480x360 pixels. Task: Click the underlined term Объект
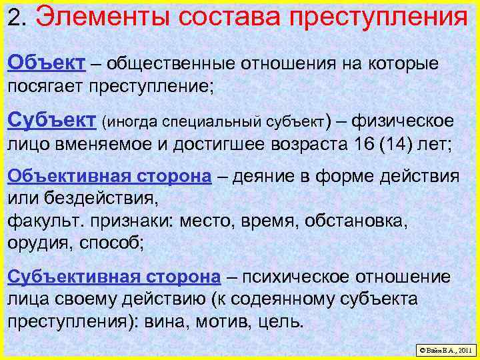(x=46, y=63)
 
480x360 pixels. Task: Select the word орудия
(x=35, y=242)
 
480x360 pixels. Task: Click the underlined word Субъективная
(x=73, y=277)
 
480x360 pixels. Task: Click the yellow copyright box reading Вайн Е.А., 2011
(x=444, y=349)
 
